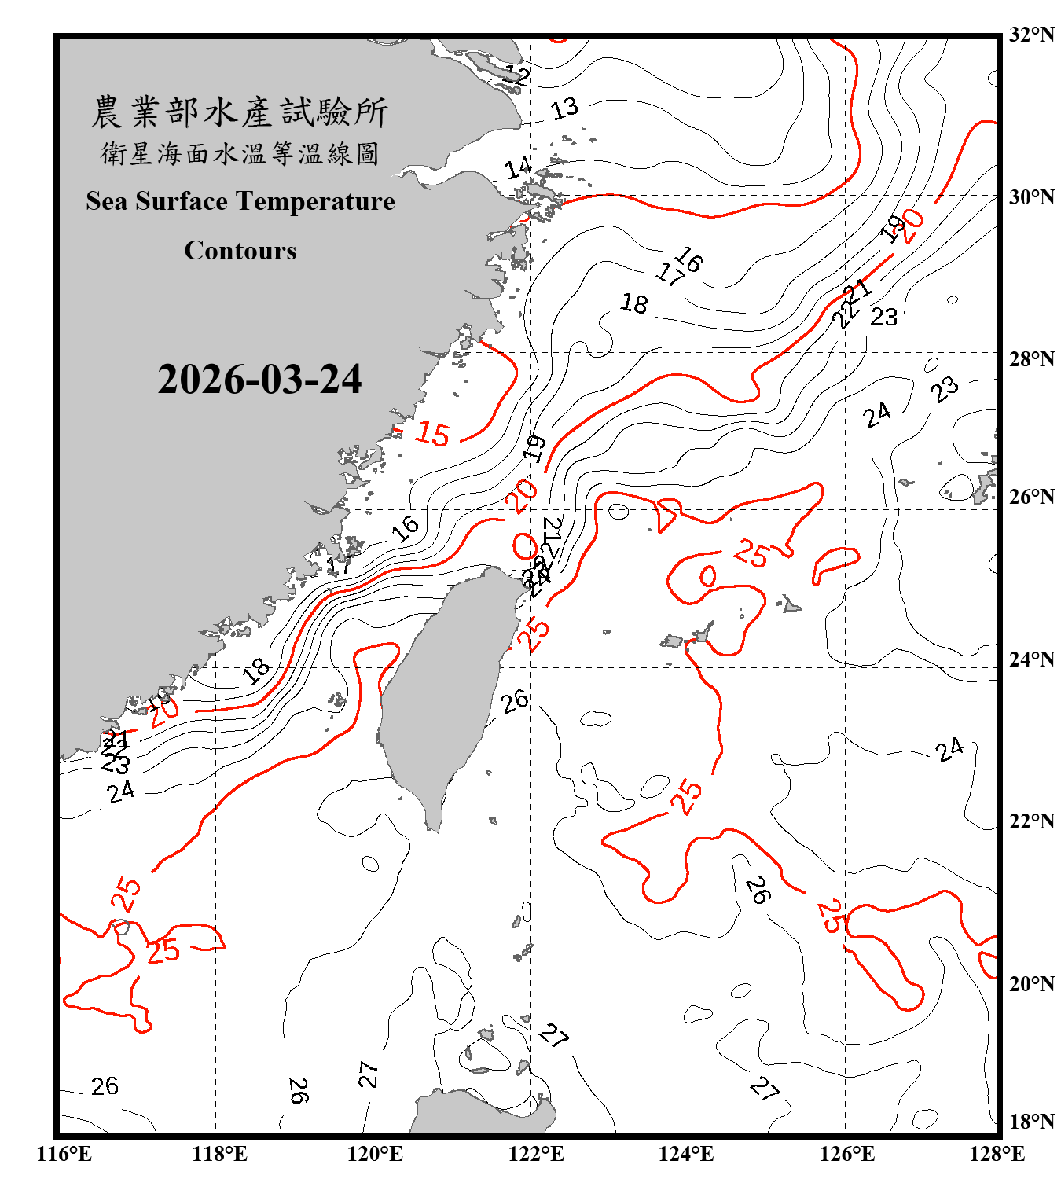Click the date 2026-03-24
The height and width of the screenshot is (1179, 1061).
(259, 380)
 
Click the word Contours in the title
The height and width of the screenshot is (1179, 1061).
(240, 251)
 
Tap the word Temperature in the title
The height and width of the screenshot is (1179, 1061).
(314, 201)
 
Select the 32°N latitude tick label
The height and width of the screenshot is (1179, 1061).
(1031, 35)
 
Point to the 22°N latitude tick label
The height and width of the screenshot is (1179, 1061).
(1031, 821)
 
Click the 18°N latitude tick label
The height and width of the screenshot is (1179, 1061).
(1031, 1122)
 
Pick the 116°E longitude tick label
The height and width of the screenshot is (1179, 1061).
(64, 1154)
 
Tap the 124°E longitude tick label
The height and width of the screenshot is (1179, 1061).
(686, 1154)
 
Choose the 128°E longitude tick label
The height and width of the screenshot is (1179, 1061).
(997, 1154)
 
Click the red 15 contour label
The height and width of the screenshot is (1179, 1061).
(432, 433)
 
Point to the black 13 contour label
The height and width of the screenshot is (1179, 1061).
(564, 108)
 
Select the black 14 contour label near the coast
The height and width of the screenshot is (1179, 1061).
(518, 167)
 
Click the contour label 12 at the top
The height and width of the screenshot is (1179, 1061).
(516, 75)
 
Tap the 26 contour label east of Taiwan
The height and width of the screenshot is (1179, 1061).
(515, 701)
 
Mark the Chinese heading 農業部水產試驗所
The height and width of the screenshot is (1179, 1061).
(240, 112)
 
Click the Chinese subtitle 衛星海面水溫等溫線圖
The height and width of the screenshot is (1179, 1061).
(240, 153)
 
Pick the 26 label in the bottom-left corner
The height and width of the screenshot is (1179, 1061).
(105, 1086)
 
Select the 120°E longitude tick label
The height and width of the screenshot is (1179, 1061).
(375, 1154)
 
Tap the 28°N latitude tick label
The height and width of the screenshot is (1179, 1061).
(1031, 359)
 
